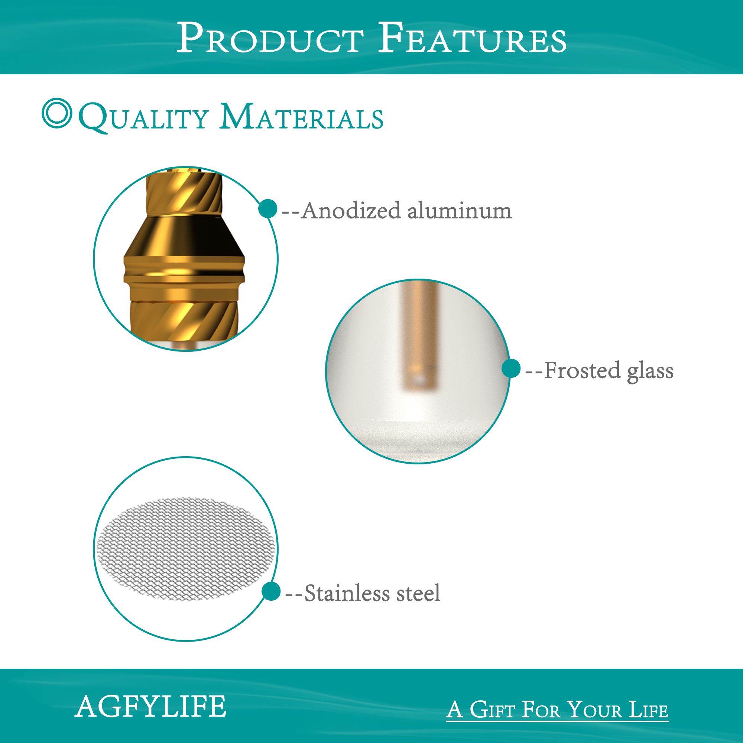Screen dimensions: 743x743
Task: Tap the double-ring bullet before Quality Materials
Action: [57, 113]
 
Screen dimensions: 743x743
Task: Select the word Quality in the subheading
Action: [143, 117]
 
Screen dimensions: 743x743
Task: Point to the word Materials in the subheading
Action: [302, 117]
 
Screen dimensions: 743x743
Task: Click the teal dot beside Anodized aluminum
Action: [267, 209]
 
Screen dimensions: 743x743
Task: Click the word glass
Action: [650, 371]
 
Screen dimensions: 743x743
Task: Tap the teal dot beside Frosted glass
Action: [511, 369]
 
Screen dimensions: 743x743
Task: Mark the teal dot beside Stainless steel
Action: [271, 591]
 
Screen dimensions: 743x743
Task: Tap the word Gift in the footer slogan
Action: [492, 710]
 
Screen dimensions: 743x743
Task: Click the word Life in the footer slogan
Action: [648, 710]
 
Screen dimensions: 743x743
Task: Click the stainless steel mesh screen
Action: [186, 549]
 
